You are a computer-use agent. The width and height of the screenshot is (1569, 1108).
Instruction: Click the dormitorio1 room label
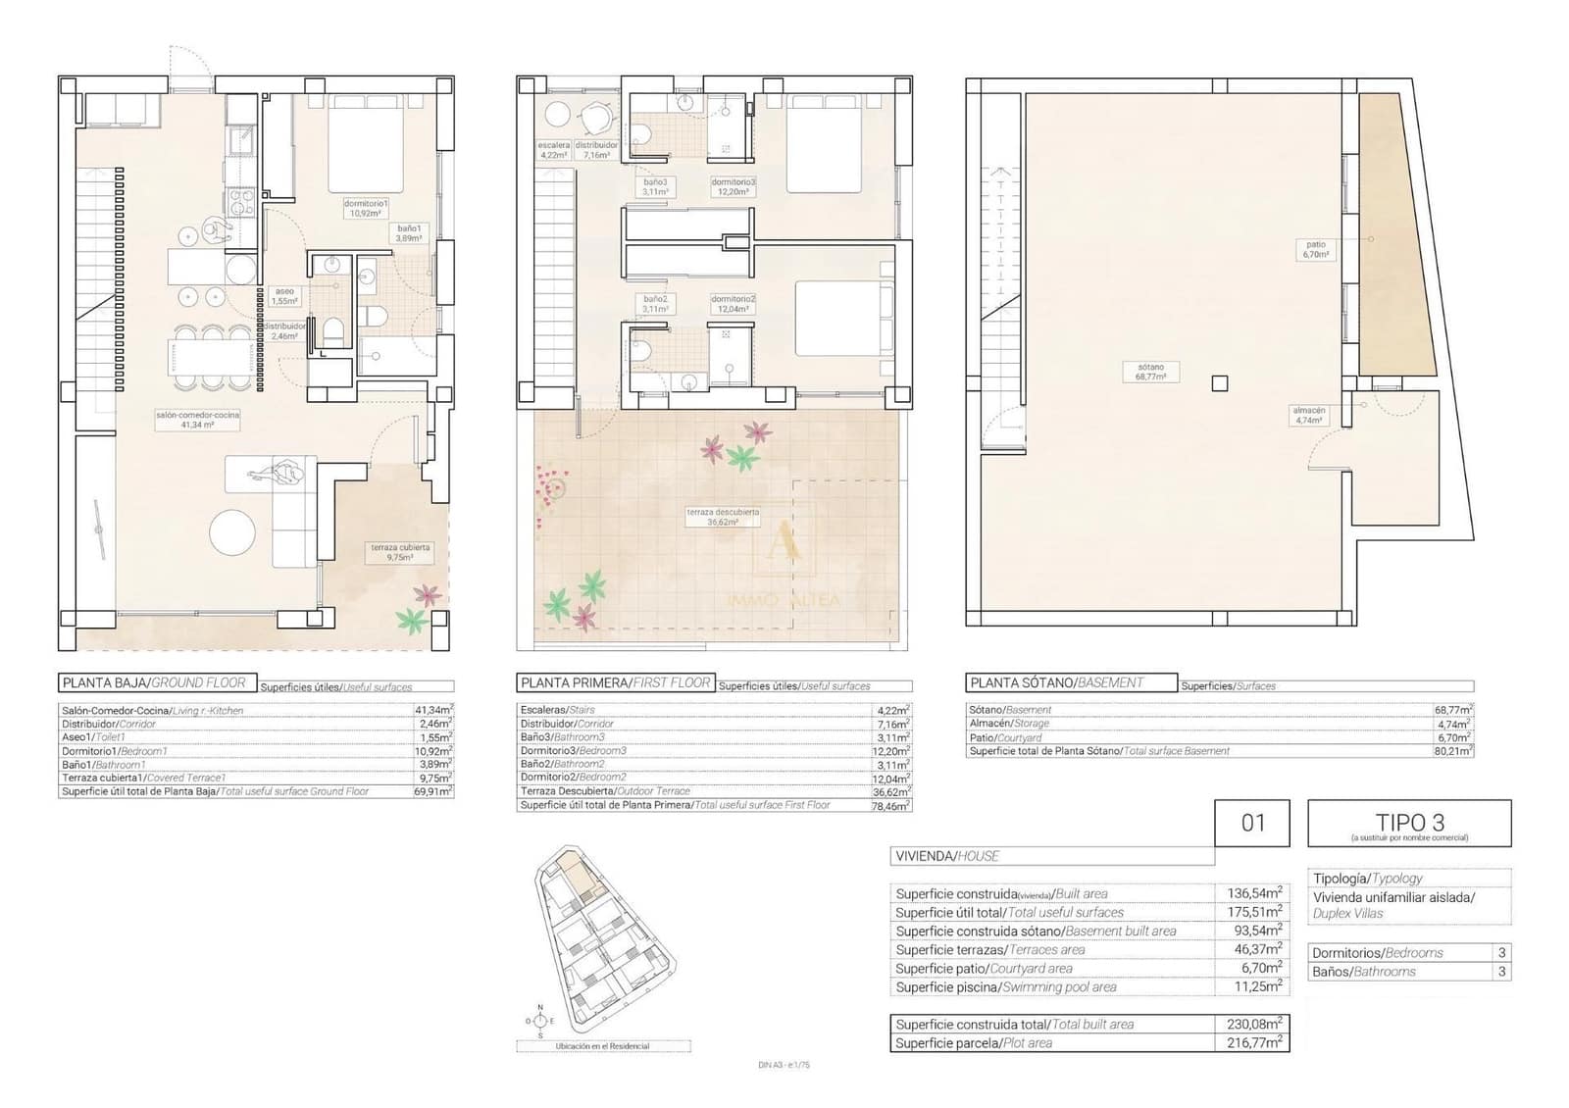[366, 208]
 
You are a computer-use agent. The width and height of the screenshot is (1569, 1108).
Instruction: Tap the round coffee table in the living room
[235, 533]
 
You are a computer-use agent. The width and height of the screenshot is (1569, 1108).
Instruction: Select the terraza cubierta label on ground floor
[399, 552]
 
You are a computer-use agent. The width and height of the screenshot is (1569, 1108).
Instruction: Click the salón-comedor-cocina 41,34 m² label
[197, 420]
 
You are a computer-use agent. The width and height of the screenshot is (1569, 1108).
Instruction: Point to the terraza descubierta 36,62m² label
[723, 517]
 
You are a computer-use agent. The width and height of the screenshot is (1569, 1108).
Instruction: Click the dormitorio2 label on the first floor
[733, 303]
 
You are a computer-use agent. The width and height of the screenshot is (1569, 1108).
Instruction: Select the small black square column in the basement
[1219, 383]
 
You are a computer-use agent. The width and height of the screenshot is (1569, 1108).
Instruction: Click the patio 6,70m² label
[1316, 249]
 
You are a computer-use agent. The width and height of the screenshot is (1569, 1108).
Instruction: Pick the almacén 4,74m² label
[1308, 415]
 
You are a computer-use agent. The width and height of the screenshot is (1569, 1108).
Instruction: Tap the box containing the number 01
[1253, 823]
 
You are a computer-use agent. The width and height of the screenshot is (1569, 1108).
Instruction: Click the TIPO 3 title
[1409, 823]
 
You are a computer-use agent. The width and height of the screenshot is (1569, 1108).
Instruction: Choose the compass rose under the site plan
[539, 1021]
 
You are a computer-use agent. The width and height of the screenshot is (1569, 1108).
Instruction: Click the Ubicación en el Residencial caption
[602, 1046]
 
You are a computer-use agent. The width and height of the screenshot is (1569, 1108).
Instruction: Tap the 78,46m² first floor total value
[891, 804]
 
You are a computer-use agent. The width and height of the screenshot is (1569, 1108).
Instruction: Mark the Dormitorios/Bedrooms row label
[1378, 952]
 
